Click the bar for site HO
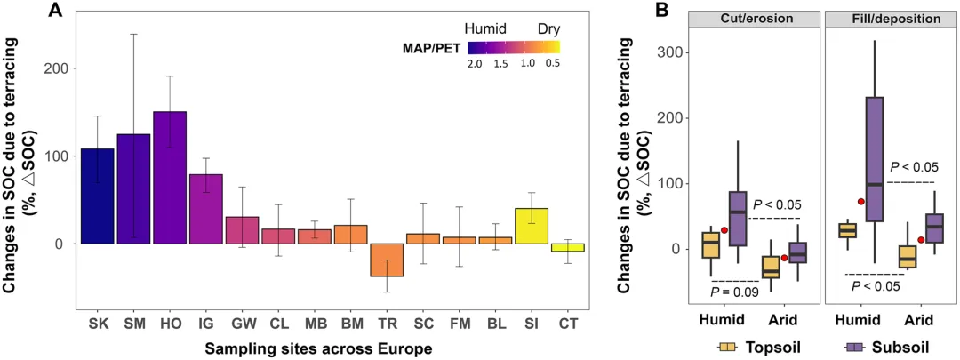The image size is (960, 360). [170, 178]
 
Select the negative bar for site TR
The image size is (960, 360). [387, 260]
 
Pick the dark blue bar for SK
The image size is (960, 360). [97, 196]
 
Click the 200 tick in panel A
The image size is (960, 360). [60, 68]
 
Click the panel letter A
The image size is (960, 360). [55, 12]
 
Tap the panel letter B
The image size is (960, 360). [661, 11]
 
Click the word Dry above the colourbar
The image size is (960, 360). [548, 28]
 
